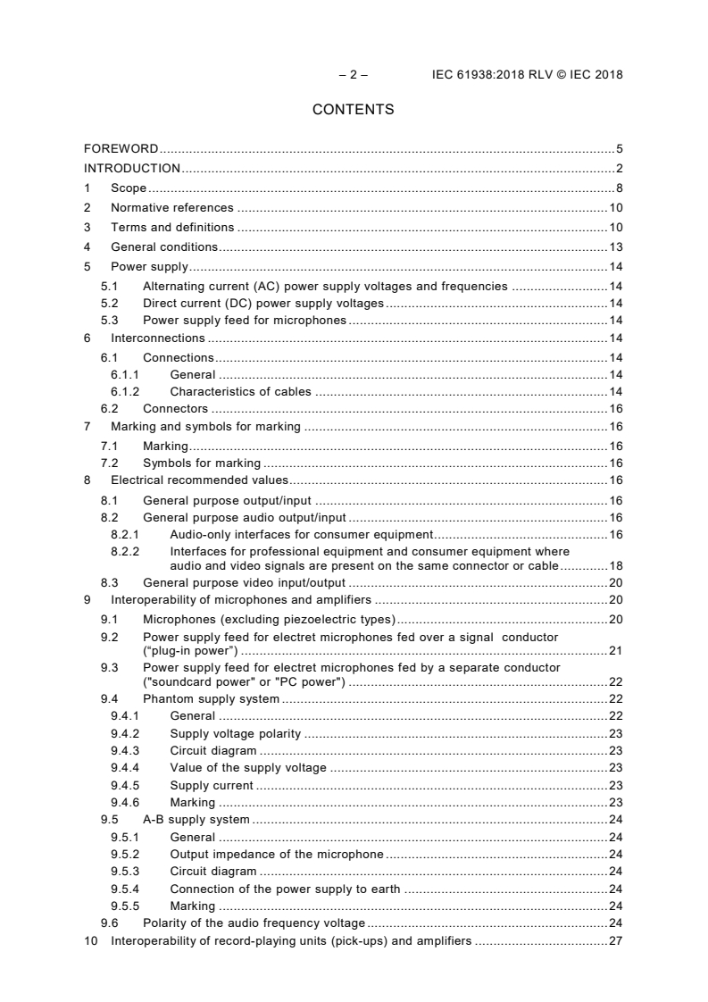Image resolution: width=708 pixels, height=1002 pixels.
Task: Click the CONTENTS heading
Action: [x=353, y=110]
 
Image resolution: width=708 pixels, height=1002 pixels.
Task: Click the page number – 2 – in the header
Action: [x=353, y=75]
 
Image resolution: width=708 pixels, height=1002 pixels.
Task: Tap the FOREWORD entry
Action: [x=121, y=148]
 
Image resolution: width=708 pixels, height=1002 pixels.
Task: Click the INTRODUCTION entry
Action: [x=131, y=168]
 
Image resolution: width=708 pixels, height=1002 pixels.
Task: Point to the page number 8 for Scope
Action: [x=619, y=188]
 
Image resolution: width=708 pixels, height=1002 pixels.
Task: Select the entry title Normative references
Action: [x=171, y=208]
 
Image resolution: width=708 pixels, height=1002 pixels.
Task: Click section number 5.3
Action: [x=109, y=320]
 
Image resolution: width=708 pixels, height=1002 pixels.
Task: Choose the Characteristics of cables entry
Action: [x=240, y=391]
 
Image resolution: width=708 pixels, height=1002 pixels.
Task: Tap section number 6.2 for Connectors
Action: [x=109, y=408]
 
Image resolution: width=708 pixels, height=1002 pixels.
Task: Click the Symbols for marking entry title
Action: [x=202, y=463]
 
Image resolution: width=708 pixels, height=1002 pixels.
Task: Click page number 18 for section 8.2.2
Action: [x=615, y=565]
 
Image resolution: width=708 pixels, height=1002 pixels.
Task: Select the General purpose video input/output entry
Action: [x=244, y=582]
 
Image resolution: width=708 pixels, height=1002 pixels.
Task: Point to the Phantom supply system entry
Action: [x=211, y=698]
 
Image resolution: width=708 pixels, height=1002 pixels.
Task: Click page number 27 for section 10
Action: [x=615, y=941]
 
